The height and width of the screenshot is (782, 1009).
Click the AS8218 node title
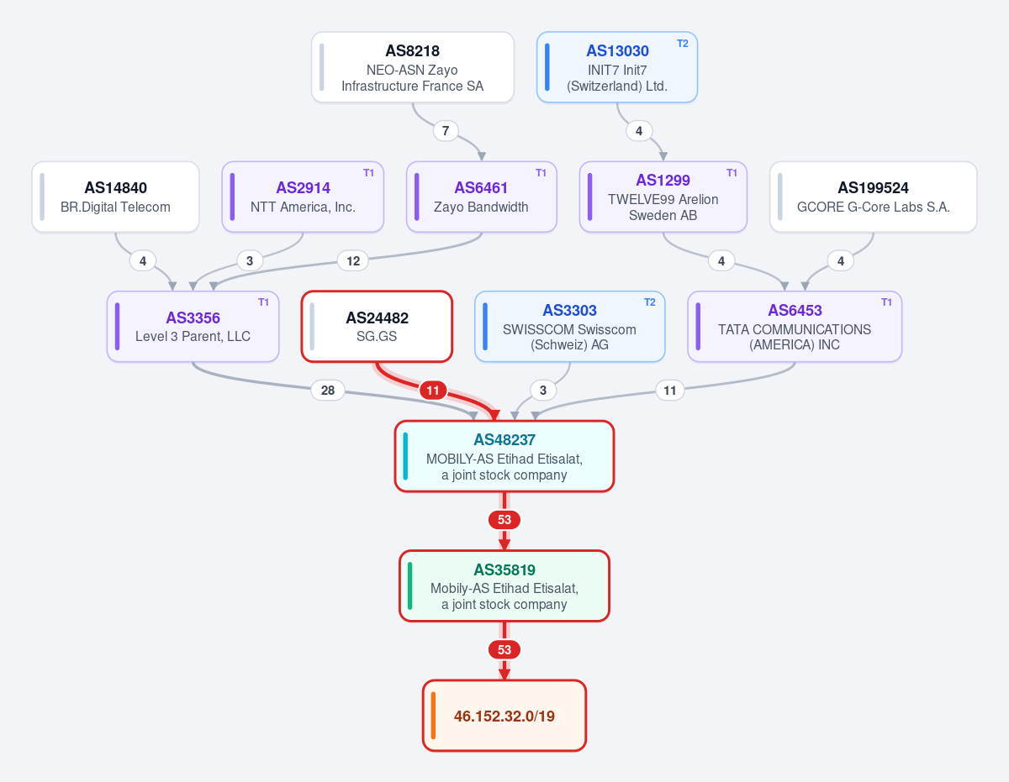(412, 50)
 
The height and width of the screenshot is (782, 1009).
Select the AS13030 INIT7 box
(616, 67)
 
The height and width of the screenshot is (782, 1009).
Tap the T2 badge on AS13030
(682, 44)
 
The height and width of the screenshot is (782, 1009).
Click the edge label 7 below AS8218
(446, 131)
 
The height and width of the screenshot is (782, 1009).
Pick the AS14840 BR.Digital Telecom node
(116, 197)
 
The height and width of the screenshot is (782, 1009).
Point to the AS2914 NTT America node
(303, 197)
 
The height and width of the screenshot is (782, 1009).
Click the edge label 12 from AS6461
(353, 260)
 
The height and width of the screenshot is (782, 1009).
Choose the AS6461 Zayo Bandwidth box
(482, 197)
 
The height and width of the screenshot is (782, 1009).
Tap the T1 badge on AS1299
(732, 173)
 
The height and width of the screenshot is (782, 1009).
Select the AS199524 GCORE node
(874, 197)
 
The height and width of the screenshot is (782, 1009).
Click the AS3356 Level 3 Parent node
(193, 327)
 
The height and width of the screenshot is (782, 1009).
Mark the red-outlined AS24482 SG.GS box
(377, 327)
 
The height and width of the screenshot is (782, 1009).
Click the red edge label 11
(433, 391)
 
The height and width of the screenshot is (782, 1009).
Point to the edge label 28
(328, 391)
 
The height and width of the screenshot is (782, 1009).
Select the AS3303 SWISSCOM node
(570, 327)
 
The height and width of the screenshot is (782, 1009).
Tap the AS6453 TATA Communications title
(795, 310)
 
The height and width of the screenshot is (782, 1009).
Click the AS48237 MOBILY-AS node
(504, 456)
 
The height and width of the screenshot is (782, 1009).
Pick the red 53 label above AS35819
(504, 520)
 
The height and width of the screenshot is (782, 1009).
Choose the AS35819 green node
(504, 585)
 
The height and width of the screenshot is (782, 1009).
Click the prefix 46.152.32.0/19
(504, 716)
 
